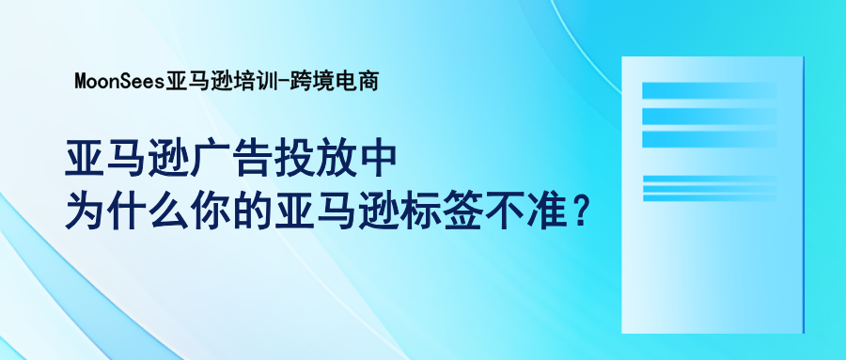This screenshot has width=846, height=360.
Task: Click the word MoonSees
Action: coord(118,82)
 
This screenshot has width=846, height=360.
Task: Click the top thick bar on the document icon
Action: coord(709,91)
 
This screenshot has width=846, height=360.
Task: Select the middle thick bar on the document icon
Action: coord(709,115)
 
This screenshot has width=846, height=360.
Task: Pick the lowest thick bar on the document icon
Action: coord(709,138)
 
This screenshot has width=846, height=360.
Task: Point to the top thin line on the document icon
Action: coord(709,178)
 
